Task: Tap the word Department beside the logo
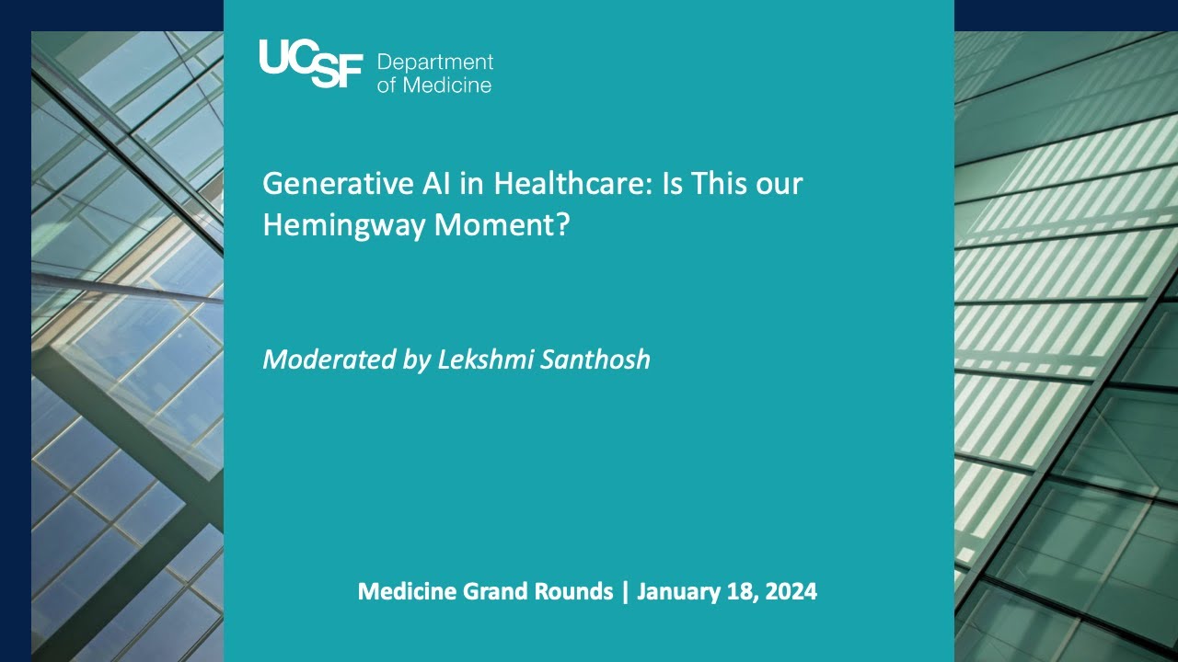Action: [435, 63]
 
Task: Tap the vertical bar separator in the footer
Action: [625, 591]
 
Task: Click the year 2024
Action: [789, 591]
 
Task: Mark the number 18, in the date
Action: [737, 591]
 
